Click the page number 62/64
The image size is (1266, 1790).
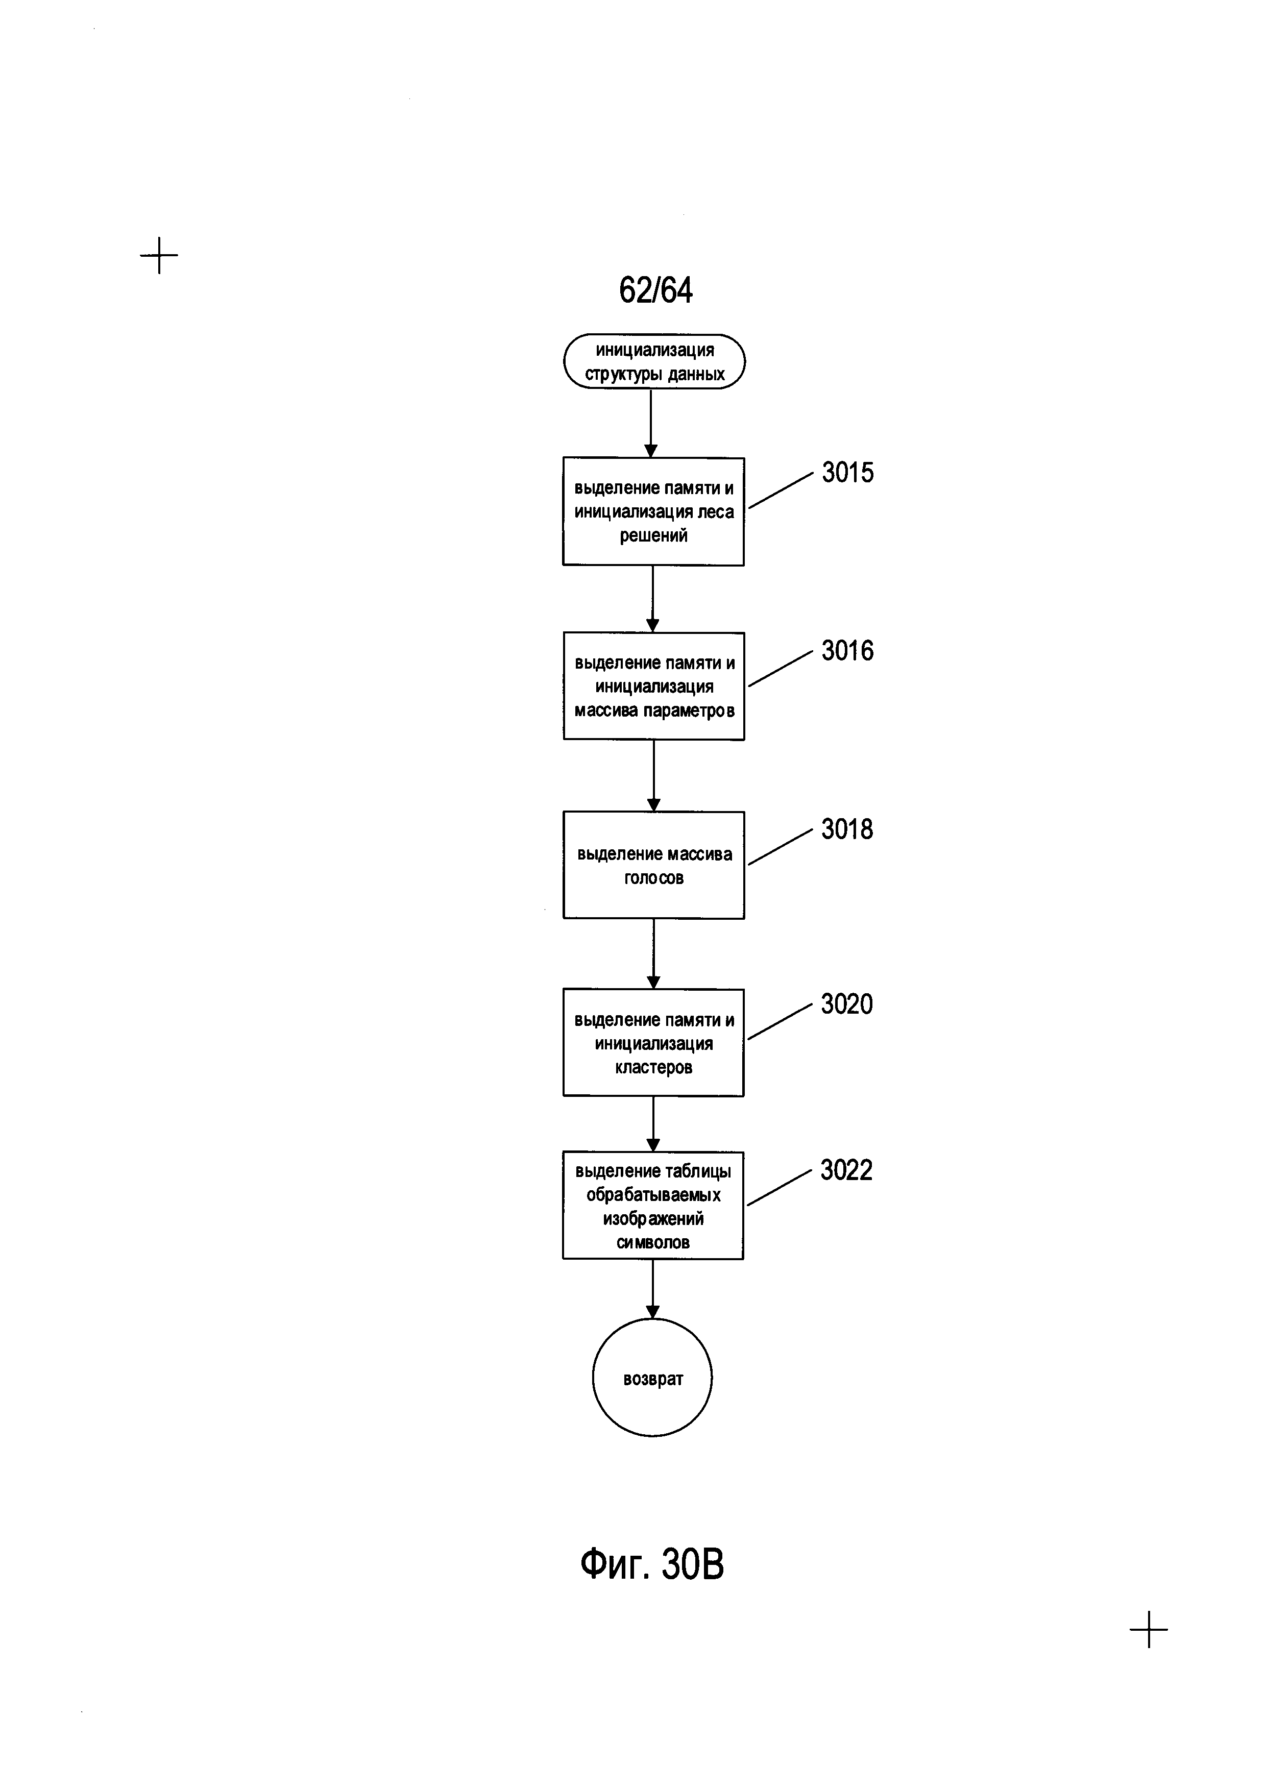click(x=655, y=290)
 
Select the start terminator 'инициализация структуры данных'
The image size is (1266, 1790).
click(x=654, y=362)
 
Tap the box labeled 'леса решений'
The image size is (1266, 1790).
click(x=653, y=511)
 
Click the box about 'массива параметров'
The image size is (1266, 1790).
click(x=654, y=686)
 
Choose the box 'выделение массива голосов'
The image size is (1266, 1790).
click(x=654, y=865)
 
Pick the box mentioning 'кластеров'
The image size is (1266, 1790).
click(x=653, y=1043)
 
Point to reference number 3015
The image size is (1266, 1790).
click(x=847, y=473)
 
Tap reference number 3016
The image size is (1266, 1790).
click(x=847, y=650)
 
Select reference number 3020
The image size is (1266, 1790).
click(x=846, y=1004)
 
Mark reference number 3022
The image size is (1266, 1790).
click(x=846, y=1170)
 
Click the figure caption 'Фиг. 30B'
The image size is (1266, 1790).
click(x=652, y=1564)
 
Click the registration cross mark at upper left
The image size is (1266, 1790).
click(x=159, y=255)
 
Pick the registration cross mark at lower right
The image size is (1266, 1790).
click(x=1149, y=1629)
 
